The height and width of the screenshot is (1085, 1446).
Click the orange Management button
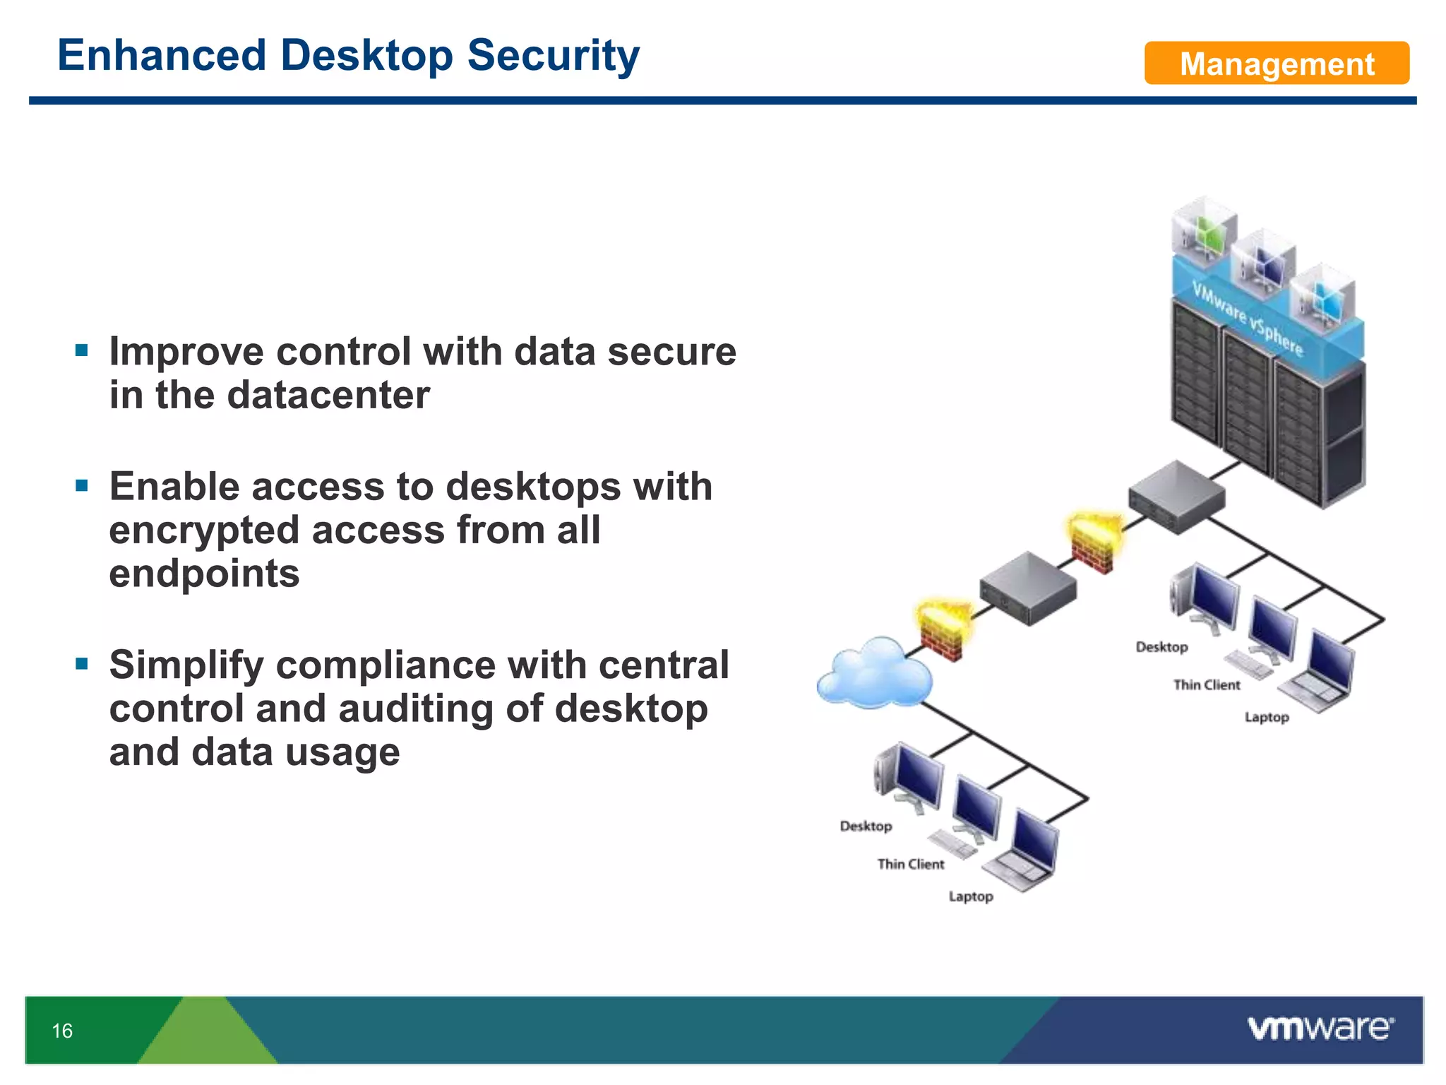[x=1276, y=64]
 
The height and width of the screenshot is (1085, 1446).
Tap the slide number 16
[x=62, y=1031]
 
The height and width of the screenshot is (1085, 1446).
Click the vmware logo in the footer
[x=1320, y=1028]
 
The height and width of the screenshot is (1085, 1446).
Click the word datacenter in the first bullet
[x=328, y=395]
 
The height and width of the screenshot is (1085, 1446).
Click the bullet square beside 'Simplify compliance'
[x=82, y=663]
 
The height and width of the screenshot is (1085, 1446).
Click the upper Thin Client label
[x=1206, y=684]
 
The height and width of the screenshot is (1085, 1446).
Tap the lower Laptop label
[x=970, y=896]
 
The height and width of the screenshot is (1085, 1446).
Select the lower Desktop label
[x=866, y=826]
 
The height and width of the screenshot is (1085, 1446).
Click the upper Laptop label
[x=1266, y=717]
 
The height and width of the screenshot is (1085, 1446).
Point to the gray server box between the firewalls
[x=1027, y=588]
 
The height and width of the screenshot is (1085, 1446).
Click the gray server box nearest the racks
[x=1176, y=497]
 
